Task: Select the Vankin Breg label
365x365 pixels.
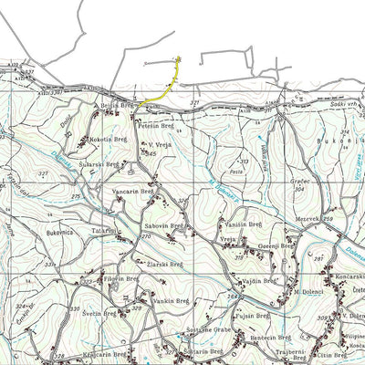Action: click(171, 300)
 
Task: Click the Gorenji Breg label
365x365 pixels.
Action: click(273, 246)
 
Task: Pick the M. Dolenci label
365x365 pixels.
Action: click(309, 292)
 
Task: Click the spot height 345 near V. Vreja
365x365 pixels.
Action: click(153, 155)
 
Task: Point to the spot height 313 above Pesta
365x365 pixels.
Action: click(243, 161)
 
